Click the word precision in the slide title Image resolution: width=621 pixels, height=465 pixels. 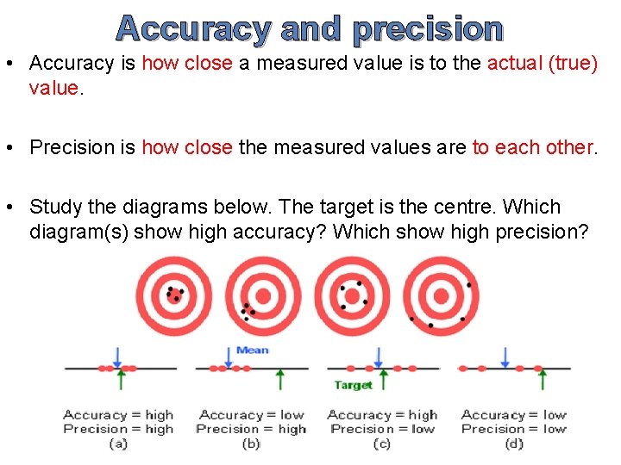[428, 28]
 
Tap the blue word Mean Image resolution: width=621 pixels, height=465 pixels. [252, 350]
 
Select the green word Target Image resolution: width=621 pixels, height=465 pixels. [353, 385]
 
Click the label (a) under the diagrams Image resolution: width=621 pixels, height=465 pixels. [118, 443]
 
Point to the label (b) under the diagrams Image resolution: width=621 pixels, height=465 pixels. [251, 443]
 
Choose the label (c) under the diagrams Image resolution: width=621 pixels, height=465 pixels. [382, 443]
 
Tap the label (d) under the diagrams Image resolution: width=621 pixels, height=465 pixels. [515, 443]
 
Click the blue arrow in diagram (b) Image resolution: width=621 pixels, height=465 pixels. [229, 356]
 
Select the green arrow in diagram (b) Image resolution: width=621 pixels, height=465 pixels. [279, 379]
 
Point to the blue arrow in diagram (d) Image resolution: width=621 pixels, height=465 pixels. [505, 356]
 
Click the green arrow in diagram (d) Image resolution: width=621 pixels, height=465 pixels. [538, 379]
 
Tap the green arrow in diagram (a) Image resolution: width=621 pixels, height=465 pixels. [122, 379]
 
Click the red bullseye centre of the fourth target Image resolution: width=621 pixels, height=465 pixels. [441, 296]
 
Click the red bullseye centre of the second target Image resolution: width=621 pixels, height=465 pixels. [263, 296]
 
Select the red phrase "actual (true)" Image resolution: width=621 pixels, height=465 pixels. [543, 63]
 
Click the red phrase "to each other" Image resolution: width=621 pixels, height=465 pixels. [533, 147]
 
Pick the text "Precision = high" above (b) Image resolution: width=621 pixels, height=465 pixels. [251, 429]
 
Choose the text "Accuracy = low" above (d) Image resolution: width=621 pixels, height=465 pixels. [514, 415]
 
